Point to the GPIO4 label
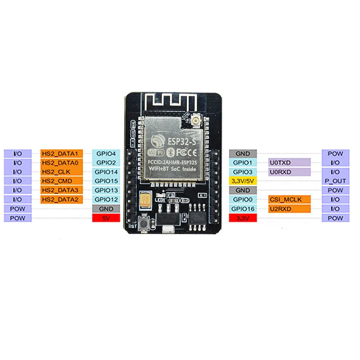click(106, 153)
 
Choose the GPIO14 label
click(106, 172)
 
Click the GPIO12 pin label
click(106, 199)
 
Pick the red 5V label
click(106, 218)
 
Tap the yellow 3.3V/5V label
click(243, 181)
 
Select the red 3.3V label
click(243, 218)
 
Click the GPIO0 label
click(243, 199)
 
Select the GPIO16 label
click(243, 209)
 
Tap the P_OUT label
click(335, 181)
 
